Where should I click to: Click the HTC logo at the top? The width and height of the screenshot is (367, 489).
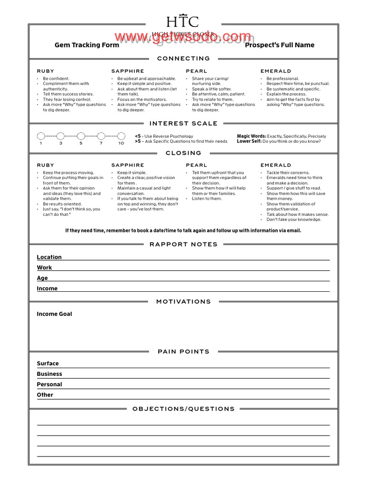183,22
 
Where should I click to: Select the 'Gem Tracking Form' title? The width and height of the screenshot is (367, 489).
87,45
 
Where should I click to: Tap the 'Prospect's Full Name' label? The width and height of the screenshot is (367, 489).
280,45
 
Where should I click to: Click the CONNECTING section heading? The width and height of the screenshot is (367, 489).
183,58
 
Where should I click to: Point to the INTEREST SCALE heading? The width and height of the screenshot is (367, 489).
183,123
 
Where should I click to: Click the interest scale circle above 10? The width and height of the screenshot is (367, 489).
121,136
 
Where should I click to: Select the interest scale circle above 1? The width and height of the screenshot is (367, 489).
41,136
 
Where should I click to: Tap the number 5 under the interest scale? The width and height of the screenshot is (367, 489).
81,143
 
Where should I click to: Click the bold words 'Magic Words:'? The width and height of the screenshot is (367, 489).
251,136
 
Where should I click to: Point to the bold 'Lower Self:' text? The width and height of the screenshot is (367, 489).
249,141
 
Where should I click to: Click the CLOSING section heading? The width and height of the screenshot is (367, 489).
183,153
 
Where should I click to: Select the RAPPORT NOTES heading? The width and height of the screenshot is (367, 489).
183,244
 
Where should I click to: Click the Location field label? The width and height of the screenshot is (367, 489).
49,257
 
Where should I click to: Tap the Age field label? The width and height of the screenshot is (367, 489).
43,278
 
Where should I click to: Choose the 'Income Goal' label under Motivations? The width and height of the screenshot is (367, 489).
54,314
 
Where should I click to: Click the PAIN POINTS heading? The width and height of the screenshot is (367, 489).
183,351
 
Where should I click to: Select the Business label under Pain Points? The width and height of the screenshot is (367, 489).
50,374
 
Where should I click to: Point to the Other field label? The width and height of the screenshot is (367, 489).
45,395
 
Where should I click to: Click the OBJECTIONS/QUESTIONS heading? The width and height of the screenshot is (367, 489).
183,409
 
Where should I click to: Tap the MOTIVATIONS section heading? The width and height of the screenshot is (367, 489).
183,301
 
